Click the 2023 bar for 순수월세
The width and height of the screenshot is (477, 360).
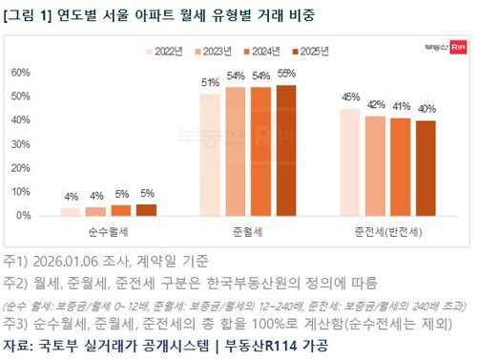pos(95,211)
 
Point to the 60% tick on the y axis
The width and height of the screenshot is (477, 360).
pos(20,73)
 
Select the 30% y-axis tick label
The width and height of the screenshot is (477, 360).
pos(20,144)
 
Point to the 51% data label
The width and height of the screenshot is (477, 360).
pos(210,83)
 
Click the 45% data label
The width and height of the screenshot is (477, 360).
pos(350,97)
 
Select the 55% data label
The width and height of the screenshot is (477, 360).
pos(285,74)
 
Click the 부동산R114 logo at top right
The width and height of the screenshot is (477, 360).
pos(439,45)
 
